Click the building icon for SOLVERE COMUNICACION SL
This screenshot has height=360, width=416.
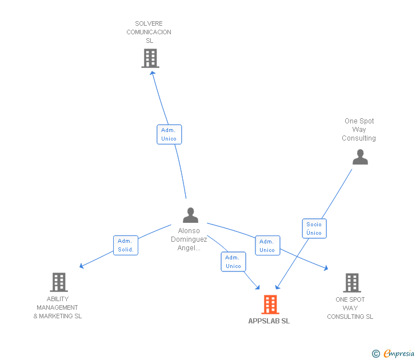point(150,58)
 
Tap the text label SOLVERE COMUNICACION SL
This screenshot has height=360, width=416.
point(149,32)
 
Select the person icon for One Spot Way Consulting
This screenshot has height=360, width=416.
point(360,157)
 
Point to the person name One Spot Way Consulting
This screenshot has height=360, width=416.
point(359,130)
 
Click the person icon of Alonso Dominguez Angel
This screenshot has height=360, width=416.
point(190,215)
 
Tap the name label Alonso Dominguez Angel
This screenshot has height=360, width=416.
point(189,239)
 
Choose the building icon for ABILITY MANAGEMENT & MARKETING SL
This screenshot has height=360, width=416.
point(59,282)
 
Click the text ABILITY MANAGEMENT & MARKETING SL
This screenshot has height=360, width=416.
point(58,307)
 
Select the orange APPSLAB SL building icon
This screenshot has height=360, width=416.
point(270,305)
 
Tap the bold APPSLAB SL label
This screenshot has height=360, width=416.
point(269,321)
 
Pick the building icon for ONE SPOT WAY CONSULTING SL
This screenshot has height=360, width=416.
point(351,282)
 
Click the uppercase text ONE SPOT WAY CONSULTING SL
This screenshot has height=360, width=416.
point(350,308)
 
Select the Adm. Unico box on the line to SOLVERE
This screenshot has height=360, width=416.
point(169,134)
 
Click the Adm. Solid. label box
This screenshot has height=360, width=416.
point(126,245)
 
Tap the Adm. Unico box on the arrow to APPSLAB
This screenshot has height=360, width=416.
point(233,262)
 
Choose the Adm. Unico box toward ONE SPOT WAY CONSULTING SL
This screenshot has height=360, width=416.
point(267,246)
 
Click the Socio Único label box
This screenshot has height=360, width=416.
point(314,229)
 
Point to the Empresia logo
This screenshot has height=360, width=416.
point(398,354)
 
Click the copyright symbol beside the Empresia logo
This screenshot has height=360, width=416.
point(375,354)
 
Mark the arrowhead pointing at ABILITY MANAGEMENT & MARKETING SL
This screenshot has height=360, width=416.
point(82,266)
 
